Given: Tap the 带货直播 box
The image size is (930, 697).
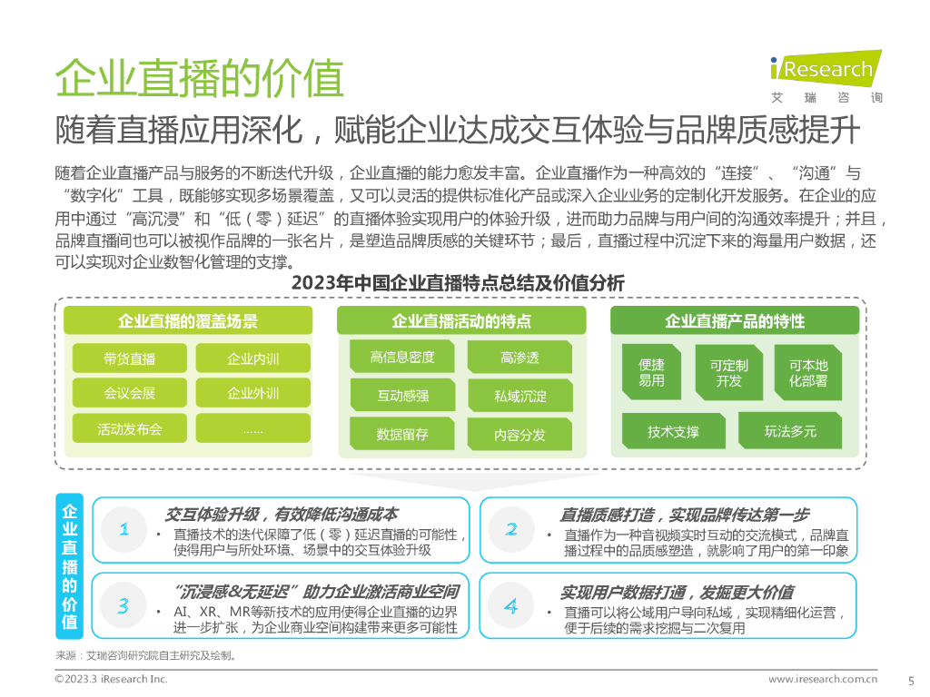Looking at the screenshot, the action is pos(129,358).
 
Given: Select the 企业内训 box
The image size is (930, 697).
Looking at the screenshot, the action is pos(252,358).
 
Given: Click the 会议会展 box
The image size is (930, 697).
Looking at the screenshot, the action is pos(129,393).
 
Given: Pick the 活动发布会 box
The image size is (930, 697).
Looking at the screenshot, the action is pos(129,428).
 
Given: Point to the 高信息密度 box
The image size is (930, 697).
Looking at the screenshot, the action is pos(402,358).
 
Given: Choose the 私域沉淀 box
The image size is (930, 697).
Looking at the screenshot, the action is pos(520,396).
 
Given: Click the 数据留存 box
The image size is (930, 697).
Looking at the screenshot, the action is pos(402,434).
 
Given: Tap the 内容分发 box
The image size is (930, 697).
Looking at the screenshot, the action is pos(520,435).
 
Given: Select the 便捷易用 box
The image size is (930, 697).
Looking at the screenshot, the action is pos(651,372).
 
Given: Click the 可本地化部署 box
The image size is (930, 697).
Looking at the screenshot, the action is pos(808,372).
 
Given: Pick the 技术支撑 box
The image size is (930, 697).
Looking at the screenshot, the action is pos(673,431).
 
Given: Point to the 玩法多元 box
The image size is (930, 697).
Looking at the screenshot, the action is pos(790,431).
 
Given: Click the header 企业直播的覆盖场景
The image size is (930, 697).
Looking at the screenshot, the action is pos(187,320).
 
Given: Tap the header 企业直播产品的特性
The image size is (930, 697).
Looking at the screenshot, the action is pos(735,320).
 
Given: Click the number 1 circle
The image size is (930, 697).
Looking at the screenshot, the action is pos(124,528).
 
